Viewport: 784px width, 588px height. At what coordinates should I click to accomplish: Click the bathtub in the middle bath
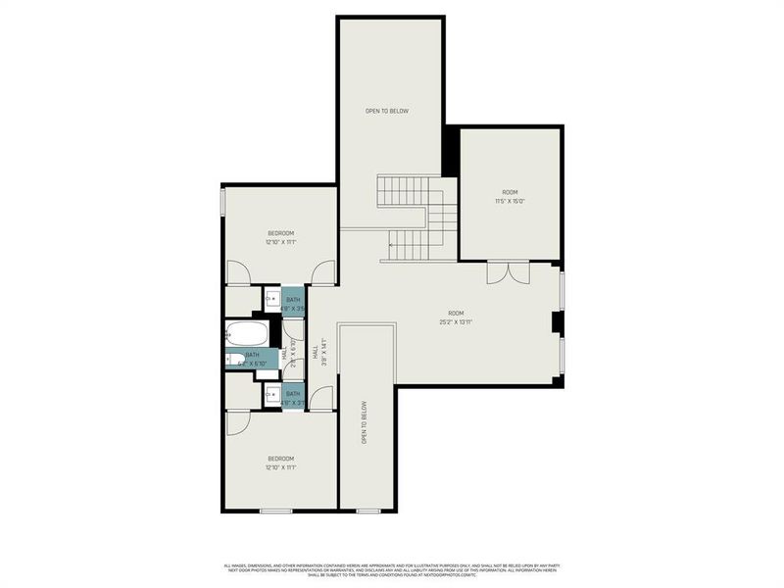click(243, 332)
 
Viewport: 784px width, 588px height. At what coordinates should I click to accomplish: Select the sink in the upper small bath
click(269, 299)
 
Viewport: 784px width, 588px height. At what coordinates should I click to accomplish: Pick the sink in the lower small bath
click(269, 395)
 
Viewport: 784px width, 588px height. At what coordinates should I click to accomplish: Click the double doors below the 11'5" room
click(508, 273)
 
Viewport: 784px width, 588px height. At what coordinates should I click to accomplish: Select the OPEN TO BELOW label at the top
click(386, 111)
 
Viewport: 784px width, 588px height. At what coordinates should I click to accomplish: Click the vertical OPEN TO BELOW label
click(364, 422)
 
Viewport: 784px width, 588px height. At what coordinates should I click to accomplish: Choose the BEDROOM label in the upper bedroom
click(281, 232)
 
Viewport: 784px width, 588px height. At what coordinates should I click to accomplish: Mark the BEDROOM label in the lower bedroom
click(281, 459)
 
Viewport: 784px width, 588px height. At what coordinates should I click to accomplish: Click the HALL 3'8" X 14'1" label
click(317, 350)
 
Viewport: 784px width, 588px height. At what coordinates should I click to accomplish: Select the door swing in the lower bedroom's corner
click(238, 421)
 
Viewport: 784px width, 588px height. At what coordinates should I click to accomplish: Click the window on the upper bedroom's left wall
click(223, 200)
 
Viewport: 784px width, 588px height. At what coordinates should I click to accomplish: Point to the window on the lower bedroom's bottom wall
click(275, 511)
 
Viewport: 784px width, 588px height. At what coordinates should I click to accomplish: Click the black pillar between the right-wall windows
click(556, 323)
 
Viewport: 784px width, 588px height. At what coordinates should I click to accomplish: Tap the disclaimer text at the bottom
click(392, 568)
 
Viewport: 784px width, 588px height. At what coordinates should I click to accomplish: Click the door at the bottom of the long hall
click(322, 399)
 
